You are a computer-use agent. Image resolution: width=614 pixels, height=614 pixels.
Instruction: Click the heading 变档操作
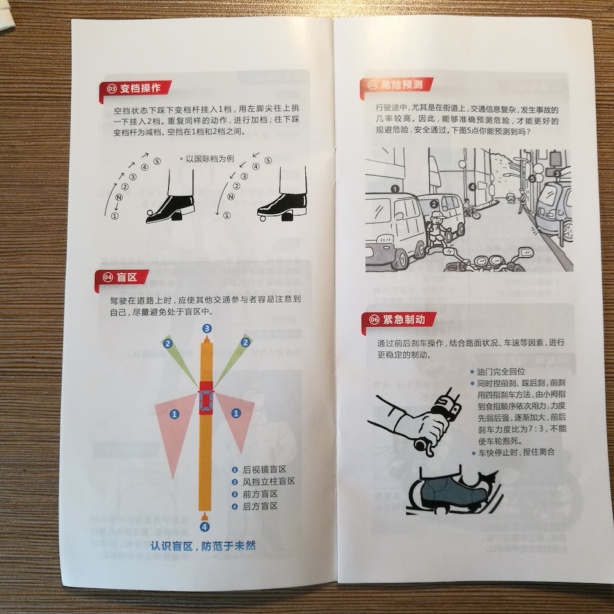point(140,88)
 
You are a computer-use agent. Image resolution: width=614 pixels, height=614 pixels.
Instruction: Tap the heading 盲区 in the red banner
point(127,278)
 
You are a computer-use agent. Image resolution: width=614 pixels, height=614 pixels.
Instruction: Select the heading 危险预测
point(402,84)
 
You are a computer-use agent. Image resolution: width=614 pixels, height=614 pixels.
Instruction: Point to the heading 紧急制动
point(404,319)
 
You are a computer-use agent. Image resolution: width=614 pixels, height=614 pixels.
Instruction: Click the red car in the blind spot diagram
point(206,397)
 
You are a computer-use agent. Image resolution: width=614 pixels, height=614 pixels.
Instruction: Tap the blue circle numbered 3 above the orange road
point(207,328)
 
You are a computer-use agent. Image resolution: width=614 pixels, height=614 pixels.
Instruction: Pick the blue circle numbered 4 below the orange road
point(205,527)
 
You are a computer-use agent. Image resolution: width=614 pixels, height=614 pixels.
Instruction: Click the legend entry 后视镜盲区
point(264,470)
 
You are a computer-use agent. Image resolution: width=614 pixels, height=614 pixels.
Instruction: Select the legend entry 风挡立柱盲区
point(269,481)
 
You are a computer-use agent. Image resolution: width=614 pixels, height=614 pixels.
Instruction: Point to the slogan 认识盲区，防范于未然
point(203,546)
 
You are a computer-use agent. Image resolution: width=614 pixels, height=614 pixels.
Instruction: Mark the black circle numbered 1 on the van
point(395,189)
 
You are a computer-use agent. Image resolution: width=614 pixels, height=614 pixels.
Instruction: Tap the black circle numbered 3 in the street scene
point(558,173)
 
